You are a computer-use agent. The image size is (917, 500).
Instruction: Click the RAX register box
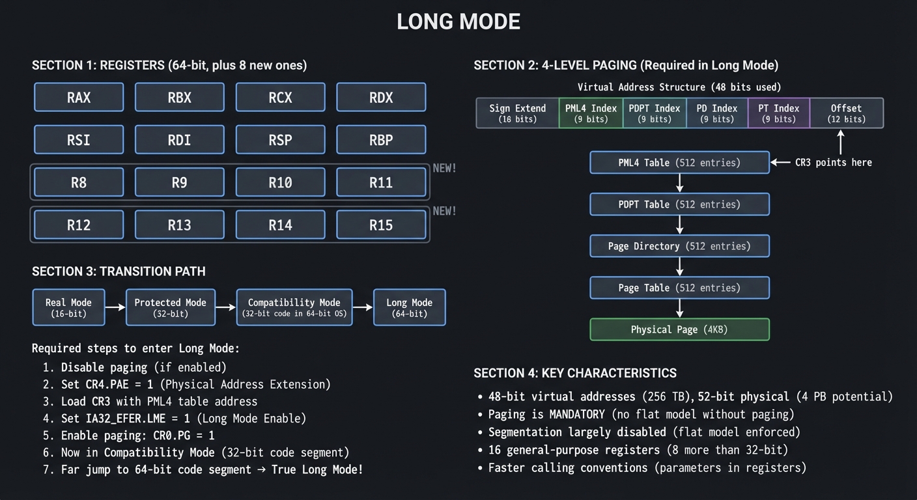(79, 98)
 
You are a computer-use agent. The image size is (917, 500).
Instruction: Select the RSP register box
(281, 140)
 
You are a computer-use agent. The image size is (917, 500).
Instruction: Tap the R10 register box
(281, 182)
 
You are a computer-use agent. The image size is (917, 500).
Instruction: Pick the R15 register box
(381, 225)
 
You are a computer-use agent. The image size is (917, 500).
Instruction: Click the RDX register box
(381, 98)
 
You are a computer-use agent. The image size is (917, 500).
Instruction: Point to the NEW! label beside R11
(444, 169)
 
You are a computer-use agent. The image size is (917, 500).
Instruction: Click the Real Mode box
(68, 307)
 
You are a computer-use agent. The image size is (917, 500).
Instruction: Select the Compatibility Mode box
(294, 307)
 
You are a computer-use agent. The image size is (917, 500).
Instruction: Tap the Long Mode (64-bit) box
(409, 307)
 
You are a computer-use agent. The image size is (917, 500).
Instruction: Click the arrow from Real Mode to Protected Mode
(115, 307)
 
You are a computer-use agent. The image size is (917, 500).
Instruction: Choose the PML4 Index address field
(591, 113)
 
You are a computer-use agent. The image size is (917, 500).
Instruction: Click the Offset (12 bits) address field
(846, 113)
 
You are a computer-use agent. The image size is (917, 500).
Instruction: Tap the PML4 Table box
(679, 163)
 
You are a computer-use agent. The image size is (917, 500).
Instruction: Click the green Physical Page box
(679, 329)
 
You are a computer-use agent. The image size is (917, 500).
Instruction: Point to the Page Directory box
(679, 246)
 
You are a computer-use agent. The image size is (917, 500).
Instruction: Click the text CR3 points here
(833, 163)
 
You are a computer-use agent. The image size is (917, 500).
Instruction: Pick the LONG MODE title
(458, 22)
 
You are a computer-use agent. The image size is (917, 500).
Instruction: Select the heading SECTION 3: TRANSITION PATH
(119, 271)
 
